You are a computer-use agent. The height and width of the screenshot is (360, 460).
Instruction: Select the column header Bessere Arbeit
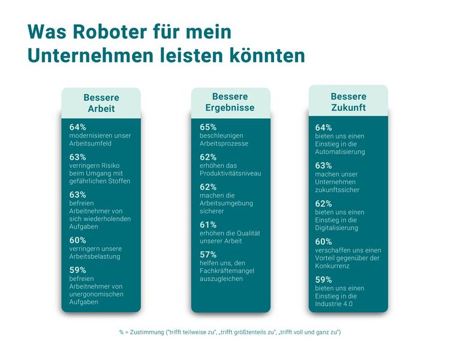point(101,103)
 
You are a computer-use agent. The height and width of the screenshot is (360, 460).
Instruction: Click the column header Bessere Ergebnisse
point(230,101)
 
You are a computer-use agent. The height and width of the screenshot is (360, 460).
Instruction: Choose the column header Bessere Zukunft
point(348,101)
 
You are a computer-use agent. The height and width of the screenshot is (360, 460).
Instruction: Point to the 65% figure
point(208,127)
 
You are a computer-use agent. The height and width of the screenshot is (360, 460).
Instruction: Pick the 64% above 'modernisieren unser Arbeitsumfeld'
point(78,127)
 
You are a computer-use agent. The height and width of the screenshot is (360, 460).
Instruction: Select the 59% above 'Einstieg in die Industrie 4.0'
point(324,279)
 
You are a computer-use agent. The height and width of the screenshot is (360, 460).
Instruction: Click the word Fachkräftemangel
point(229,271)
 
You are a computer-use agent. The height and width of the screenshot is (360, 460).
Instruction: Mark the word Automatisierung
point(340,152)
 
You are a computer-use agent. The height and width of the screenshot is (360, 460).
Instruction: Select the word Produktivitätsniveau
point(230,173)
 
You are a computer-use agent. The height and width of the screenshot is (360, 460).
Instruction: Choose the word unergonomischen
point(97,294)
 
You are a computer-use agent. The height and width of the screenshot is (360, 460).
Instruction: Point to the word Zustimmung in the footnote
point(148,332)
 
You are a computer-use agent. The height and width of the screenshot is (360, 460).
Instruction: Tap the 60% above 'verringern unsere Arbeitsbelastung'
point(78,240)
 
